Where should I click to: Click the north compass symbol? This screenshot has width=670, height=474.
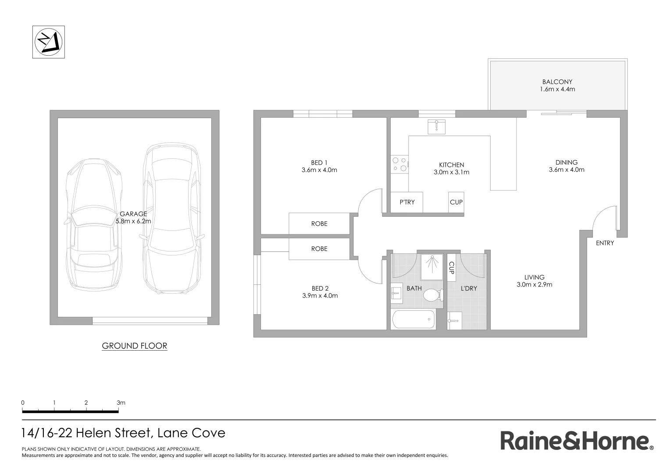(49, 42)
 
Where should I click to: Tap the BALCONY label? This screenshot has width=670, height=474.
(557, 82)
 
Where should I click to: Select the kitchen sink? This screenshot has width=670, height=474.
(436, 126)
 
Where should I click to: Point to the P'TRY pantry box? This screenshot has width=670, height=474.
(407, 202)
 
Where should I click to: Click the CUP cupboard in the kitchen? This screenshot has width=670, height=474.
(456, 202)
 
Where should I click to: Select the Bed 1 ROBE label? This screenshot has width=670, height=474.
(319, 224)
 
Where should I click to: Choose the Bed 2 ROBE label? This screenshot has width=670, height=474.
(319, 249)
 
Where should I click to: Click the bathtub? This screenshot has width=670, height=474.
(413, 319)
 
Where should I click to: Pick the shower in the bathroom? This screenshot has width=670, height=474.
(431, 266)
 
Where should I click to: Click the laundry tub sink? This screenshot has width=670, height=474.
(454, 320)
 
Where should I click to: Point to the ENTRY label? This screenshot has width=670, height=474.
(605, 243)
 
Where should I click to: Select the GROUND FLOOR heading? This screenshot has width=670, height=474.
(134, 346)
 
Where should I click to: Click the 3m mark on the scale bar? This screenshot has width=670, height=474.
(121, 402)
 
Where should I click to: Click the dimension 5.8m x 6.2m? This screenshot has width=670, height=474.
(133, 221)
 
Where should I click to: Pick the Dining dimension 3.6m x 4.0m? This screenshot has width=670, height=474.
(567, 170)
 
